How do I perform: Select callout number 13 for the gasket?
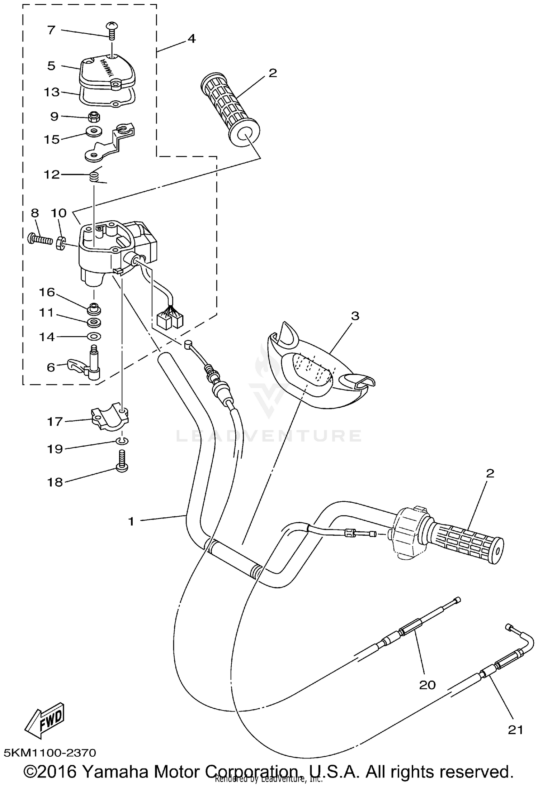click(x=51, y=92)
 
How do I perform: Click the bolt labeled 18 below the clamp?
click(x=122, y=462)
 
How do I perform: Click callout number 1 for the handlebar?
click(x=131, y=521)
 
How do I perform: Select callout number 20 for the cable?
click(x=427, y=685)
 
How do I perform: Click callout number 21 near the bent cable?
click(x=515, y=730)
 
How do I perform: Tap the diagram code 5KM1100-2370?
click(x=50, y=753)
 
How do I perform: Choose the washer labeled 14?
click(x=94, y=337)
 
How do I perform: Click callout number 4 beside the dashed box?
click(x=192, y=39)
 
